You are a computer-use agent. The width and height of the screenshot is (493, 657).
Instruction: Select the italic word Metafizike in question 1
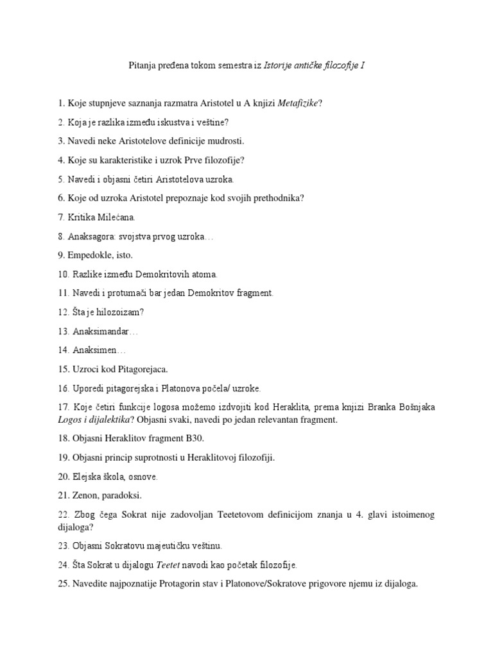pos(299,103)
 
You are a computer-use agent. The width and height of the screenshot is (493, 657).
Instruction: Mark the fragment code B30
pos(195,439)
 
